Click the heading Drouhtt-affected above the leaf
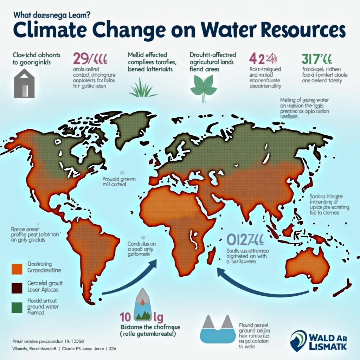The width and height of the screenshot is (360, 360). [213, 55]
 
